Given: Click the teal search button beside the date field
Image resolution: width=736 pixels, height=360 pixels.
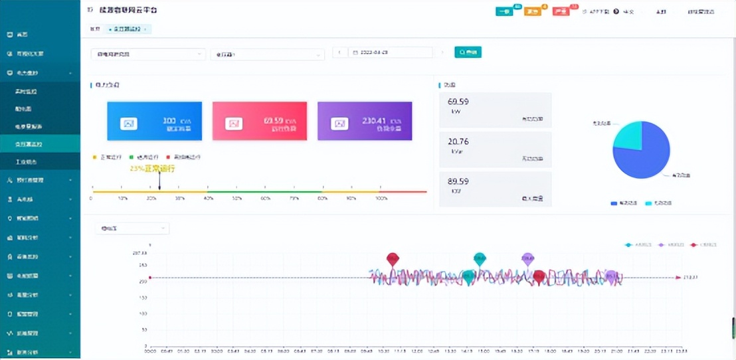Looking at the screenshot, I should point(468,52).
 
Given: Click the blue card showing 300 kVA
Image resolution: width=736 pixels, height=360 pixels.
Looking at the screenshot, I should point(154,122).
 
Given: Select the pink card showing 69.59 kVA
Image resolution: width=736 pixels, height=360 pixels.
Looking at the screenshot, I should point(259,122).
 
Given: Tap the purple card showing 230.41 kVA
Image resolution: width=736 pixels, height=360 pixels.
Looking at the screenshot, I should point(365,122).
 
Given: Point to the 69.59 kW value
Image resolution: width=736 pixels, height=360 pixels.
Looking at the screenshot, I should point(458,102).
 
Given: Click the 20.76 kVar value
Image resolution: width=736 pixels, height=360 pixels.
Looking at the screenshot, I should point(458,141).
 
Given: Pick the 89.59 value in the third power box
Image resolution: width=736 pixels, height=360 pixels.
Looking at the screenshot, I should point(458,181).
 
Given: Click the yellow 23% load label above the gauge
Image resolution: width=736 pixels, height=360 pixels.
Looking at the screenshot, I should point(152,169).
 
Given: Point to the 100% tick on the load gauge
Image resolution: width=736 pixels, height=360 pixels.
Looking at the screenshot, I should point(382,199).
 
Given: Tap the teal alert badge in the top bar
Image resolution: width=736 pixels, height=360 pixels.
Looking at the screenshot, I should point(505,11).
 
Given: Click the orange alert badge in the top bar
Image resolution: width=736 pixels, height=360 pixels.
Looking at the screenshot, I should point(532,11).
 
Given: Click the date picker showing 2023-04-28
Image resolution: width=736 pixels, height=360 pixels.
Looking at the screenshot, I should point(392,52).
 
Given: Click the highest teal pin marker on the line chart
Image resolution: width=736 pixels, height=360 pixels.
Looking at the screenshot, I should point(480,258).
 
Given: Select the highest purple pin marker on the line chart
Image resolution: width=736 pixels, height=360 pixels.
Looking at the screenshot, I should point(527,258).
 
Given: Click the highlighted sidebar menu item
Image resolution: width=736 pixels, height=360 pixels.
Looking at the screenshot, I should point(40,143).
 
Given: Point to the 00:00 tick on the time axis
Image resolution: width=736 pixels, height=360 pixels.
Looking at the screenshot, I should point(150,351).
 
